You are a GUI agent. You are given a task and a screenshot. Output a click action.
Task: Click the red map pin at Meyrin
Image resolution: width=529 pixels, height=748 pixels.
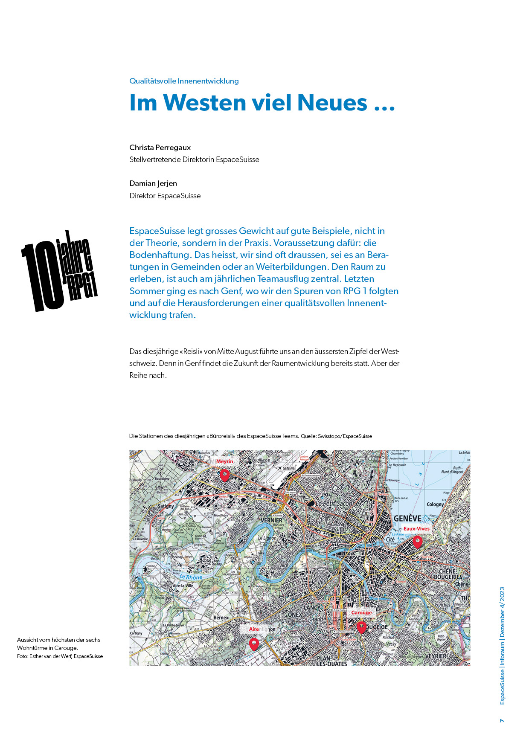coord(224,474)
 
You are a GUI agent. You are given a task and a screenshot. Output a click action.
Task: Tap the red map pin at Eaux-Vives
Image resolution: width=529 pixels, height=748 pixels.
coord(418,542)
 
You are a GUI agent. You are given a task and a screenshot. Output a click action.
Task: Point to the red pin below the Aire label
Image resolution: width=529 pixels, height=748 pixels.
coord(253,643)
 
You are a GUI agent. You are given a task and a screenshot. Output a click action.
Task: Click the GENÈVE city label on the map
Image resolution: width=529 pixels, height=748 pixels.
coord(407,519)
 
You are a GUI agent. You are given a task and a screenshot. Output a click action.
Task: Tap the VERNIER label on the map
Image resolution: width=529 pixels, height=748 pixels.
coord(271,520)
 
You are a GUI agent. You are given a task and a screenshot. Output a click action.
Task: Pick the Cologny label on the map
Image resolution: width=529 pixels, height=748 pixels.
coord(435,504)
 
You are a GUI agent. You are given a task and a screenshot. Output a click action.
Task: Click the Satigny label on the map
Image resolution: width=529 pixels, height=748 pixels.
coord(166,506)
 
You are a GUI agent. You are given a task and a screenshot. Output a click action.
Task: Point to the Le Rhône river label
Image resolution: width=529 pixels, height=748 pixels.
coord(191,577)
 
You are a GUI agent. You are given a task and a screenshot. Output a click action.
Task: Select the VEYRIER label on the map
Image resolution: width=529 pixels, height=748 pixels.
coord(436,656)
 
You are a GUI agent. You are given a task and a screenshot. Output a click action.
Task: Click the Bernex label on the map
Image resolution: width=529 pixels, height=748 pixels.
coord(221,617)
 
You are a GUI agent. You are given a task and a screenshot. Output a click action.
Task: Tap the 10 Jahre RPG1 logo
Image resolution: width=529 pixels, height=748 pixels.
coord(59,271)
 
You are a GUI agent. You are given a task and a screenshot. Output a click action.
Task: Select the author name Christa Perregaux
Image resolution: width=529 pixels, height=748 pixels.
coord(160,148)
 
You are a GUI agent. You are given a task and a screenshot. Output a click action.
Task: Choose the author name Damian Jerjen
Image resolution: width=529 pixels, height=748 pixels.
coord(153,183)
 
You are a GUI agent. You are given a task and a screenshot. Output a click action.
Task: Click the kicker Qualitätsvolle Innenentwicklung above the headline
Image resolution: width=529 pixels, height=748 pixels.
coord(184,81)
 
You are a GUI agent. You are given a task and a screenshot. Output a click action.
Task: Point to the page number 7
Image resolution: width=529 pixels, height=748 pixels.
coord(502,721)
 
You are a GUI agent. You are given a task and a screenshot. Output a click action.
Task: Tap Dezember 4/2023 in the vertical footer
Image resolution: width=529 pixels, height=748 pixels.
coord(502,612)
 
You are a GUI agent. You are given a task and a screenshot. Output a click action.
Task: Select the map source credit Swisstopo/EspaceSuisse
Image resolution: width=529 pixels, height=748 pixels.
coord(345,436)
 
